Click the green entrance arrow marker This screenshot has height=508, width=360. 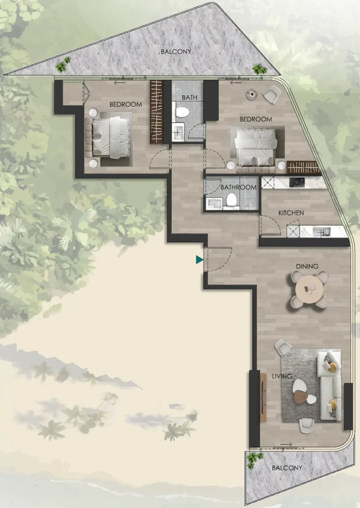point(199,260)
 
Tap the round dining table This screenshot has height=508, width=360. point(309,289)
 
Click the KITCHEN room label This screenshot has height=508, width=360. point(291,213)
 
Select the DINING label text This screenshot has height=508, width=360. point(307,266)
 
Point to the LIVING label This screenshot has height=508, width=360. point(282,376)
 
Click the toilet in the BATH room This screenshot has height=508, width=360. point(182,112)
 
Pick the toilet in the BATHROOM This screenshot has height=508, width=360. point(232,200)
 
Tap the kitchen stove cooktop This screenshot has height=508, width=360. point(297,182)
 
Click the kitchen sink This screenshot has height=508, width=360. point(321,231)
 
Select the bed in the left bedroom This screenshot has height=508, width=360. point(108,138)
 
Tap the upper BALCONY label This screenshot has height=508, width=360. point(176,52)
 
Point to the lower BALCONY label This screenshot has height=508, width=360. point(287,468)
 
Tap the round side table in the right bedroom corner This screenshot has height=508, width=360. point(252,94)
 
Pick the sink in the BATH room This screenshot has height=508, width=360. point(178,132)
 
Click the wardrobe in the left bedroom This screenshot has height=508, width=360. point(156,112)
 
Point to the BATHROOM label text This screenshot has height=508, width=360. point(238,187)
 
